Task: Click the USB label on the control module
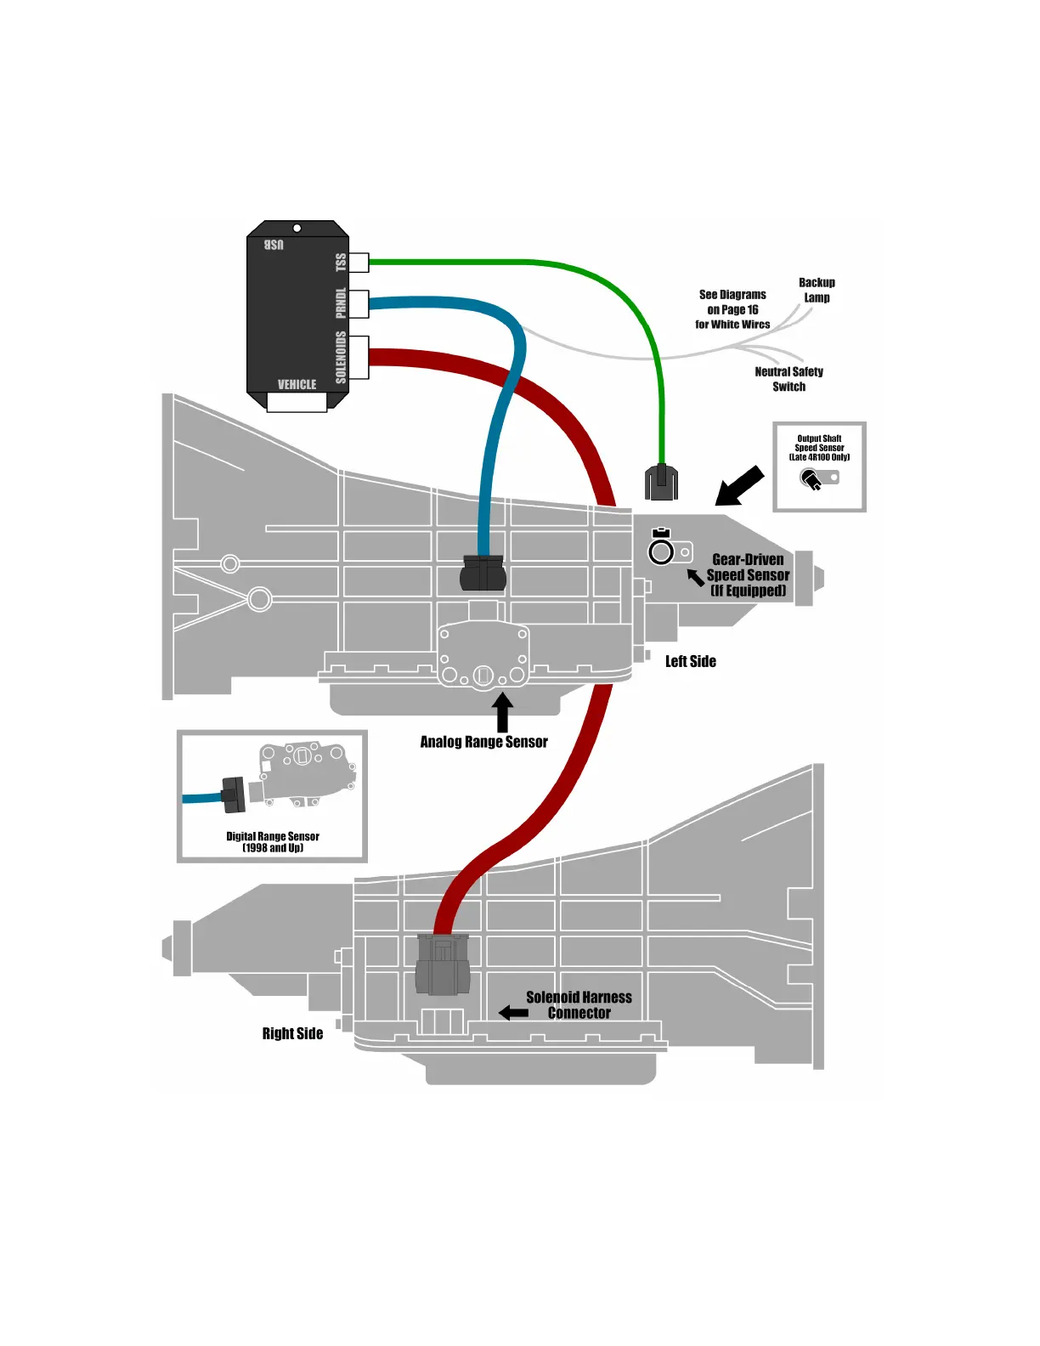pyautogui.click(x=274, y=245)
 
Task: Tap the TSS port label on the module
pyautogui.click(x=342, y=262)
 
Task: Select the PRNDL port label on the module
pyautogui.click(x=342, y=303)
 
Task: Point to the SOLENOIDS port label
pyautogui.click(x=342, y=358)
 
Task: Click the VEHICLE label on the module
pyautogui.click(x=297, y=385)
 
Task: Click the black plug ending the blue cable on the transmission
pyautogui.click(x=483, y=574)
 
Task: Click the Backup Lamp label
pyautogui.click(x=817, y=290)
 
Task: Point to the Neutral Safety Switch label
pyautogui.click(x=788, y=379)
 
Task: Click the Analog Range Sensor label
pyautogui.click(x=483, y=742)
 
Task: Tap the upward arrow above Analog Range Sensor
pyautogui.click(x=502, y=712)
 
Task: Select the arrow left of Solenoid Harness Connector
pyautogui.click(x=513, y=1013)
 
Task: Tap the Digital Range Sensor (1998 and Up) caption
pyautogui.click(x=272, y=842)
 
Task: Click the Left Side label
pyautogui.click(x=690, y=662)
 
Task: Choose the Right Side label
pyautogui.click(x=292, y=1034)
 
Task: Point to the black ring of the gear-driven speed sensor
pyautogui.click(x=661, y=552)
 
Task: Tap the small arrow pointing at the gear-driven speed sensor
pyautogui.click(x=696, y=578)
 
